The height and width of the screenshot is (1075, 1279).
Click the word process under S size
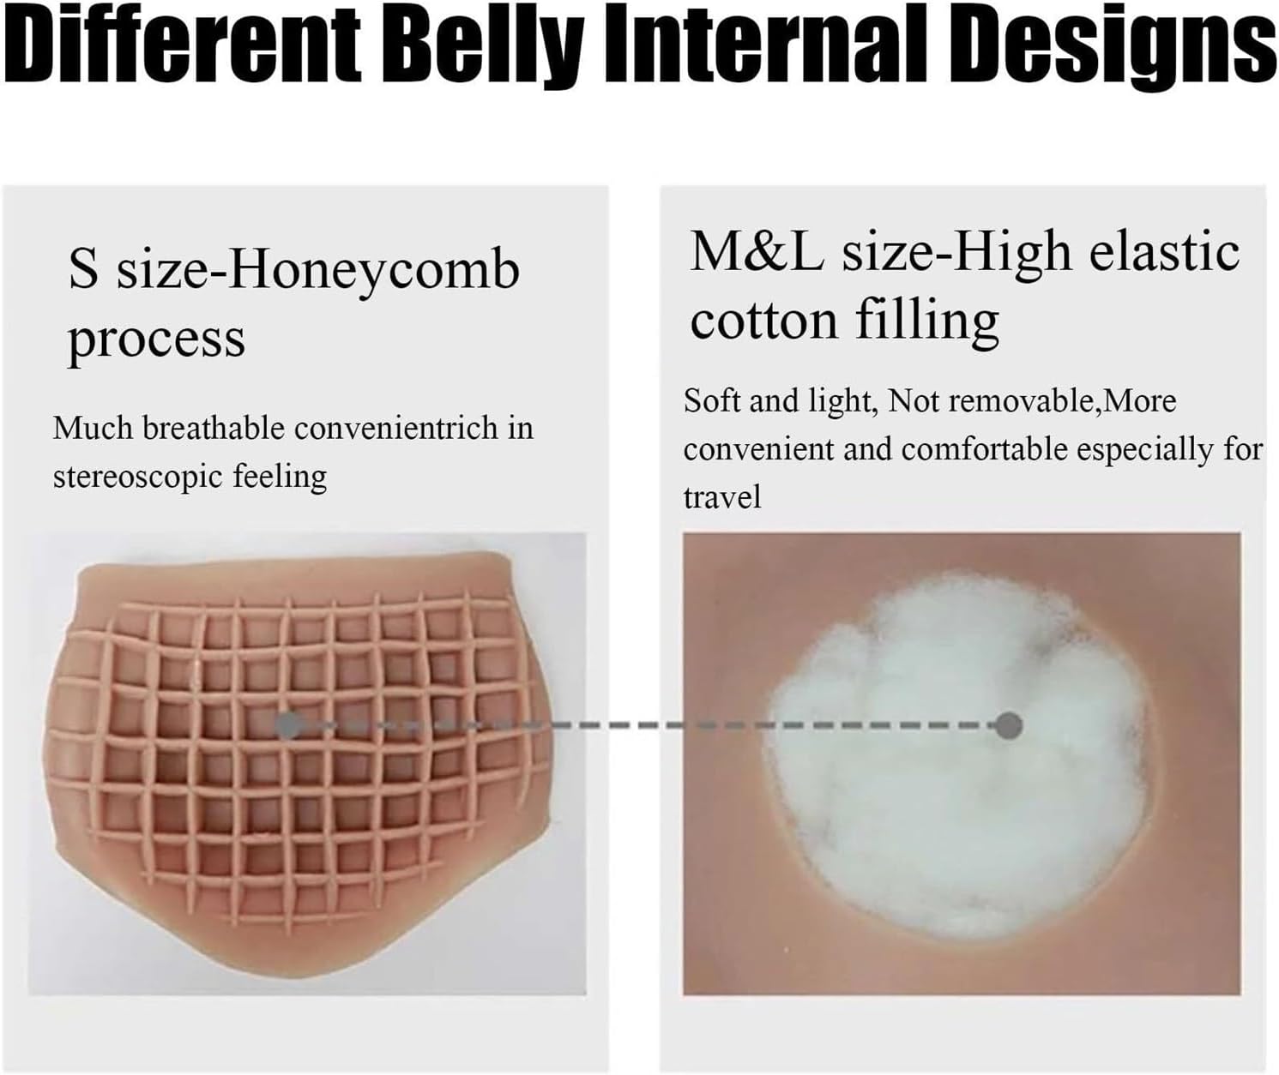click(156, 339)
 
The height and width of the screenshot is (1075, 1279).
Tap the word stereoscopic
click(137, 477)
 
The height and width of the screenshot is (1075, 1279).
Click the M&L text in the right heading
click(757, 252)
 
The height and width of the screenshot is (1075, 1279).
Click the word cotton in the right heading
click(763, 321)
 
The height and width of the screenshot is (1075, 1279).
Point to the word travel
click(722, 497)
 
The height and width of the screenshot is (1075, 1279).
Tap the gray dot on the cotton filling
click(1009, 725)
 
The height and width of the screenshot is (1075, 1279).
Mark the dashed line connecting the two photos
click(649, 725)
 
